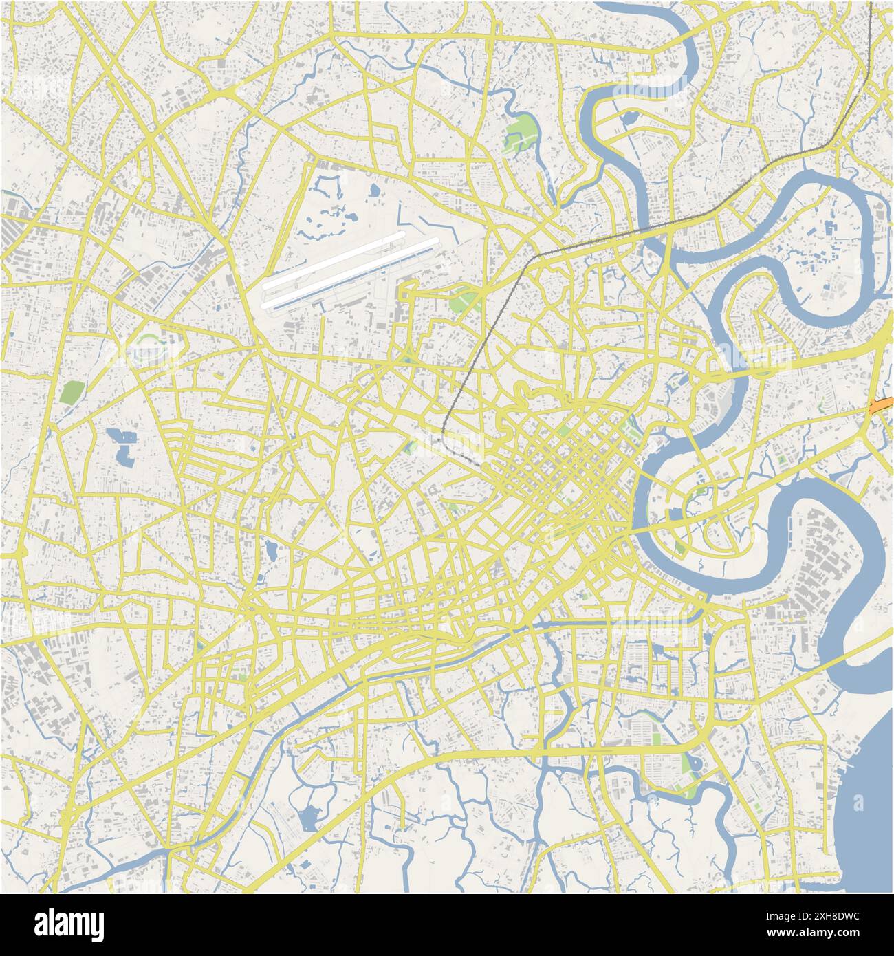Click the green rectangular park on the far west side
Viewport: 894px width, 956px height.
[70, 392]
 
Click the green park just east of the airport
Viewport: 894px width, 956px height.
[465, 301]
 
